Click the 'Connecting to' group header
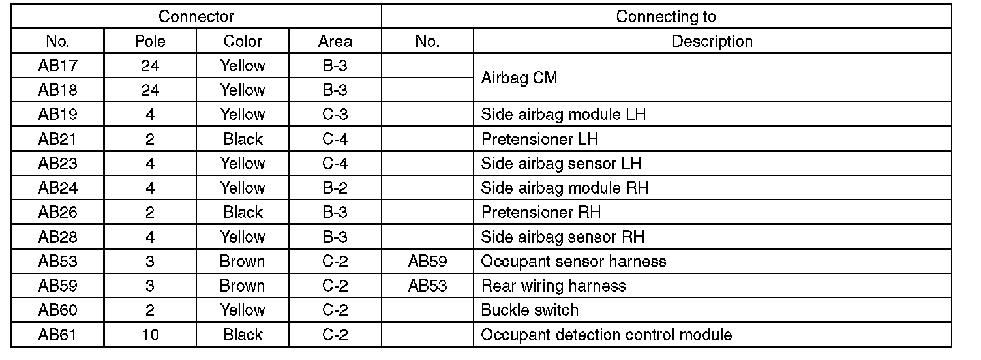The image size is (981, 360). coord(665,16)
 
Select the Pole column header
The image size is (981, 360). coord(150,42)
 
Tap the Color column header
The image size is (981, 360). coord(243,42)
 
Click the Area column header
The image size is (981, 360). coord(335,42)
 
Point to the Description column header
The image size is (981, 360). coord(712,42)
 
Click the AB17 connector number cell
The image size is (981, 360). coord(57,66)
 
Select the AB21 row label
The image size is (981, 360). coord(57,139)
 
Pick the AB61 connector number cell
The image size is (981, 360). coord(57,335)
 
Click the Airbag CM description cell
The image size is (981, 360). coord(519,78)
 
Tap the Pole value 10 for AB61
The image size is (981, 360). coord(150,335)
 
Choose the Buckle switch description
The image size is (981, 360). coord(529,310)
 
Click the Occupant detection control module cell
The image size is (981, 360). coord(606,335)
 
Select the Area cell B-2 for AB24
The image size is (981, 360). coord(335,188)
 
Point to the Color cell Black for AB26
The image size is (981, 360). coord(243,213)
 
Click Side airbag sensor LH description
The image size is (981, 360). coord(561,164)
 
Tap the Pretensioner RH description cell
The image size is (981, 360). coord(541,213)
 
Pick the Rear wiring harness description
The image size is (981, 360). coord(553,286)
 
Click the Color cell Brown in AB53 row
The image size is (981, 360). coord(243,262)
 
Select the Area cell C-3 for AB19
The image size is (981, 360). coord(335,115)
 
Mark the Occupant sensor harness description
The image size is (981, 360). coord(573,262)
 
